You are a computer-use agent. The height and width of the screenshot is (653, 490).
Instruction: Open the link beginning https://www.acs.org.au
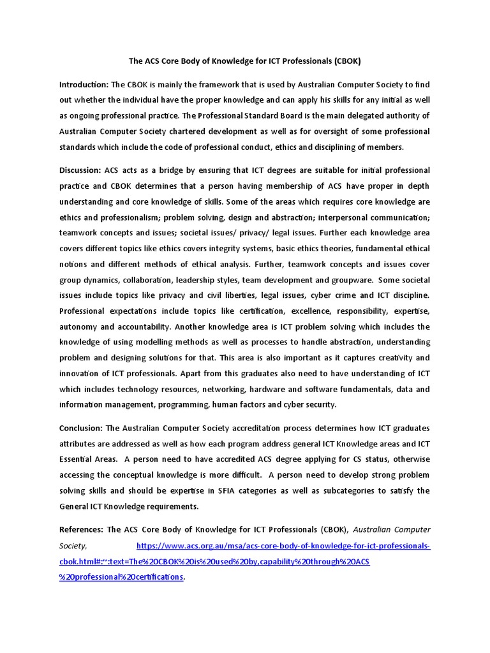click(x=284, y=546)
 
